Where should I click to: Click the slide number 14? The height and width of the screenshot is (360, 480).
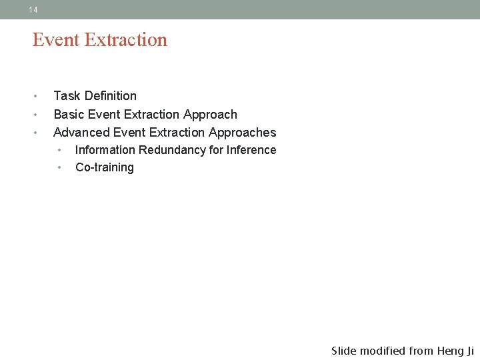tap(33, 10)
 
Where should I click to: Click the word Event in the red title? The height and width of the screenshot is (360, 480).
tap(55, 40)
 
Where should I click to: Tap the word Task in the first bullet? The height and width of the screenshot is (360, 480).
tap(67, 96)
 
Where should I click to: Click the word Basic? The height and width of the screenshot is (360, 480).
tap(69, 115)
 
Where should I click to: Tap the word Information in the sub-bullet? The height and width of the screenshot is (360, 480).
tap(105, 150)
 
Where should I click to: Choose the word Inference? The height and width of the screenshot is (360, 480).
tap(251, 150)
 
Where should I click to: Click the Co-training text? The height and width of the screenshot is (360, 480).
tap(105, 167)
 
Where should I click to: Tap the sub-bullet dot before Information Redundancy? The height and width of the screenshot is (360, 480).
tap(59, 150)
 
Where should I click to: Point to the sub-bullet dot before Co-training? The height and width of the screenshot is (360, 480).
tap(59, 167)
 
